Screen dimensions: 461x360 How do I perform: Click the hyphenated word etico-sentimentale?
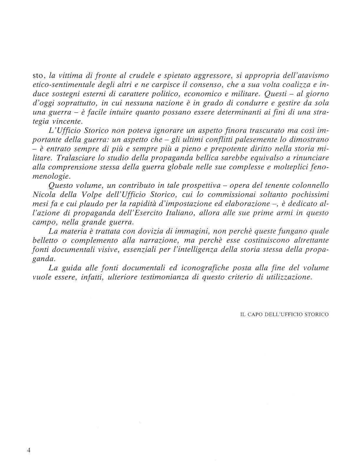pos(57,85)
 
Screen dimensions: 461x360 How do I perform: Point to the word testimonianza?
pos(164,277)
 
